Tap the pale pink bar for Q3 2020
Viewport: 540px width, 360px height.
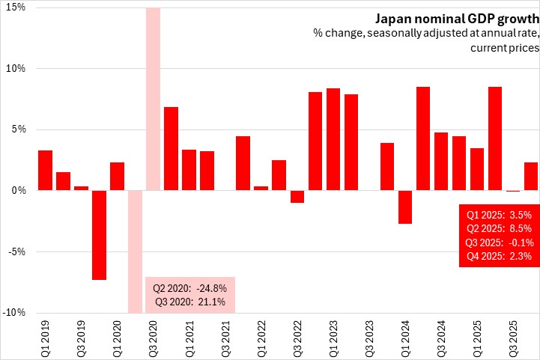[x=153, y=97]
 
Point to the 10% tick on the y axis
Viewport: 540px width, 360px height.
[x=16, y=69]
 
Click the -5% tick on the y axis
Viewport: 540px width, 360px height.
[x=16, y=251]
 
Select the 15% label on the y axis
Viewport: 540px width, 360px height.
[x=16, y=7]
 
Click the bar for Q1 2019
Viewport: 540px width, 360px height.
[x=45, y=171]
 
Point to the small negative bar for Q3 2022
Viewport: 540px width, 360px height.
[x=297, y=196]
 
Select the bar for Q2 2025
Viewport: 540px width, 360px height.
[x=495, y=138]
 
